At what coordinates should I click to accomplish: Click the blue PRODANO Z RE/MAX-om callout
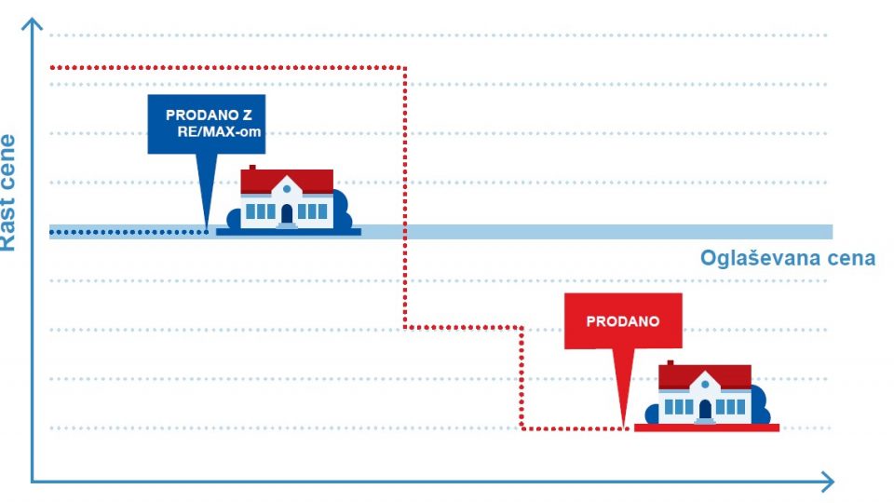click(206, 123)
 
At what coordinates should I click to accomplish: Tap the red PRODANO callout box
click(623, 321)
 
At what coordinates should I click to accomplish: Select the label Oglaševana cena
click(787, 258)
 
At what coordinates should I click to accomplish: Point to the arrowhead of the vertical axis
click(33, 20)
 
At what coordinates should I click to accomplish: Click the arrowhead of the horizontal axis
click(826, 482)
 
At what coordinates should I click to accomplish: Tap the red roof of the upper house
click(287, 181)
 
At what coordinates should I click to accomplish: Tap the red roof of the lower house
click(705, 375)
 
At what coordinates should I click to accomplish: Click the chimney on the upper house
click(251, 169)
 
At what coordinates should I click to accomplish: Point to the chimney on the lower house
click(670, 364)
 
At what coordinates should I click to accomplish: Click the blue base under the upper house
click(288, 230)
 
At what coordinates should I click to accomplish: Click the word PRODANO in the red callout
click(623, 321)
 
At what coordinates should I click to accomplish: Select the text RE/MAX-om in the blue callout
click(220, 132)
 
